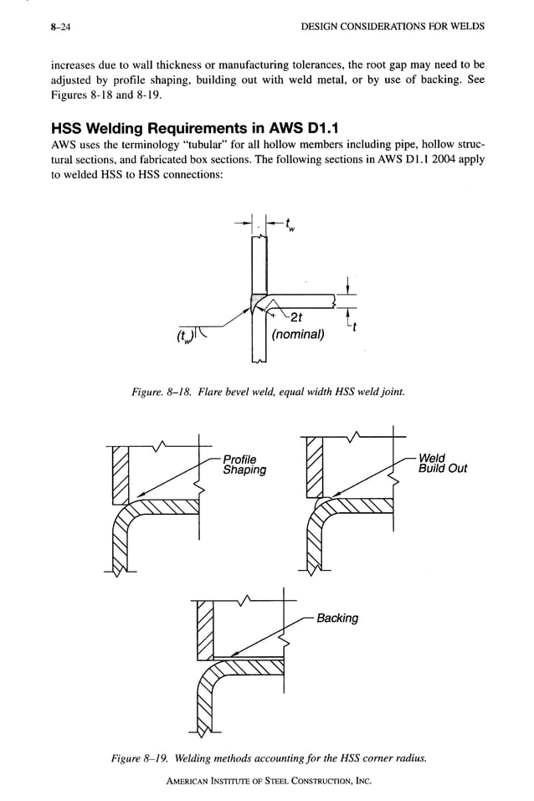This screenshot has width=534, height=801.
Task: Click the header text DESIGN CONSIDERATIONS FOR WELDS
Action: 392,27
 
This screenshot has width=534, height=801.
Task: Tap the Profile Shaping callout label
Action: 244,464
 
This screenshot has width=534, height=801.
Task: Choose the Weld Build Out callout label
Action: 442,463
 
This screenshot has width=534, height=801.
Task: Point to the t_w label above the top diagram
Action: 288,223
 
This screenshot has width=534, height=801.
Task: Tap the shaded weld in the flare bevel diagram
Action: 257,303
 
